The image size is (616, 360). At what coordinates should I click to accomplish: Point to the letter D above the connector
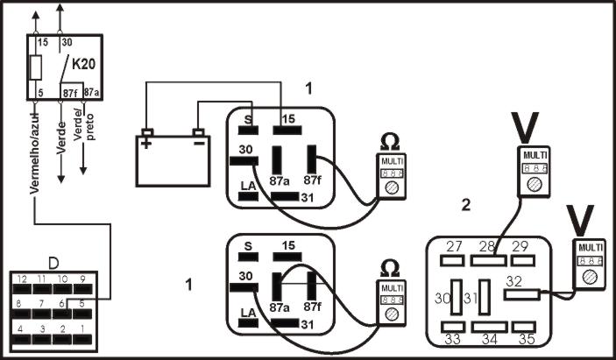tap(53, 263)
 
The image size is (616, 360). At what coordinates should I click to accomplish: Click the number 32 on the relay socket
tap(514, 282)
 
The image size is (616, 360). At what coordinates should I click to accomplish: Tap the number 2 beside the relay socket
tap(466, 206)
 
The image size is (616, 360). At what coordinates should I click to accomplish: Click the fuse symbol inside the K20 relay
tap(37, 68)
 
